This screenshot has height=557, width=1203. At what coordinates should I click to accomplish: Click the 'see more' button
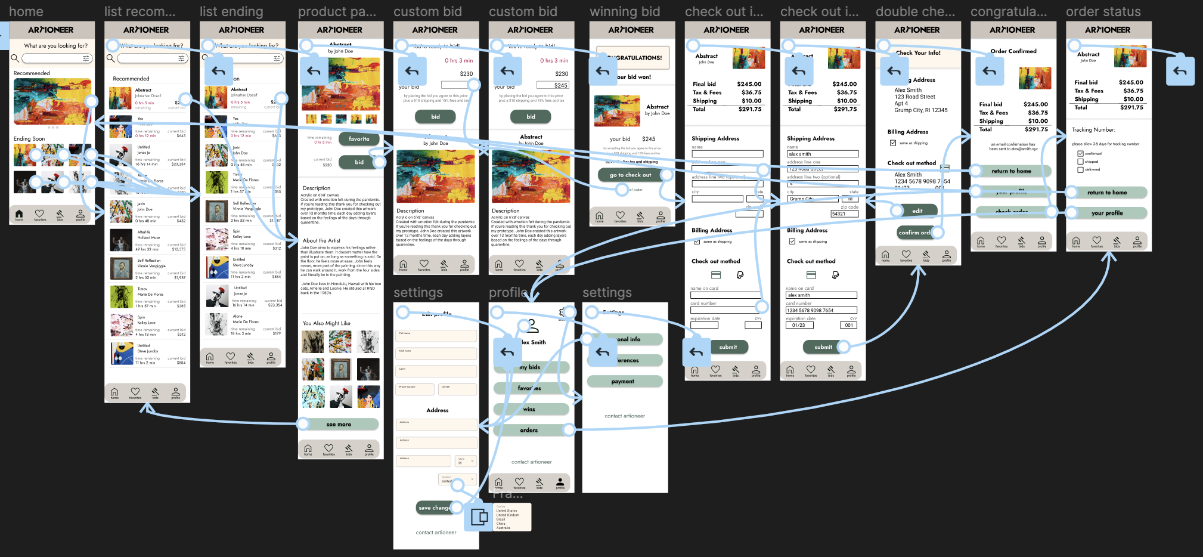coord(339,425)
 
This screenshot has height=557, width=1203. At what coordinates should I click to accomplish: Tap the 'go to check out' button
coord(630,175)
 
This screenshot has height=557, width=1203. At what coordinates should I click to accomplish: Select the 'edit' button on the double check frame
coord(917,211)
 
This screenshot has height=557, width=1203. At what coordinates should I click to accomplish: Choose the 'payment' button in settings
coord(624,382)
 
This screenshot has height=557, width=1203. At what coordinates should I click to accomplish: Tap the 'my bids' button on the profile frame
coord(529,367)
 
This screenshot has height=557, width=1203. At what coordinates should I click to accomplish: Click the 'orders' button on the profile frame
coord(529,430)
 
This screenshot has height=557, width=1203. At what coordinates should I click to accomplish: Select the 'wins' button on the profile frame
coord(529,409)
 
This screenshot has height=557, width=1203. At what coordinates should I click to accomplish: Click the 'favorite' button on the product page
coord(359,139)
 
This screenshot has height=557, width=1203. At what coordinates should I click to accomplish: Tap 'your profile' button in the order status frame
coord(1107,213)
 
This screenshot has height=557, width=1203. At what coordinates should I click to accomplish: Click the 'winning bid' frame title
coord(625,12)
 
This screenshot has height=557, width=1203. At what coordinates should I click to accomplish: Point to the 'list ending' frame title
coord(231,12)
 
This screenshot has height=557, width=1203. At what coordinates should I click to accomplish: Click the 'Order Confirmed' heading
coord(1013,51)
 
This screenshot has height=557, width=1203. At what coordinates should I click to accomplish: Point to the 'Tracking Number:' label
coord(1093,129)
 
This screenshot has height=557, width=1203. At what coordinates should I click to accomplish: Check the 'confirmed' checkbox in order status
coord(1080,154)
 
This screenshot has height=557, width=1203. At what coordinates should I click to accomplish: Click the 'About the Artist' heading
coord(321,241)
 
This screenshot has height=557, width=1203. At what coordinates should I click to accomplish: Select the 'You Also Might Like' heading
coord(326,323)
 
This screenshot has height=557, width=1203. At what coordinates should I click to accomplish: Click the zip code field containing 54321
coord(844,214)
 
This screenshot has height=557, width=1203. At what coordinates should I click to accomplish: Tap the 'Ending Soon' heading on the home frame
coord(29,139)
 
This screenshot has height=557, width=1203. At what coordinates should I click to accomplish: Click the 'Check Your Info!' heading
coord(918,53)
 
